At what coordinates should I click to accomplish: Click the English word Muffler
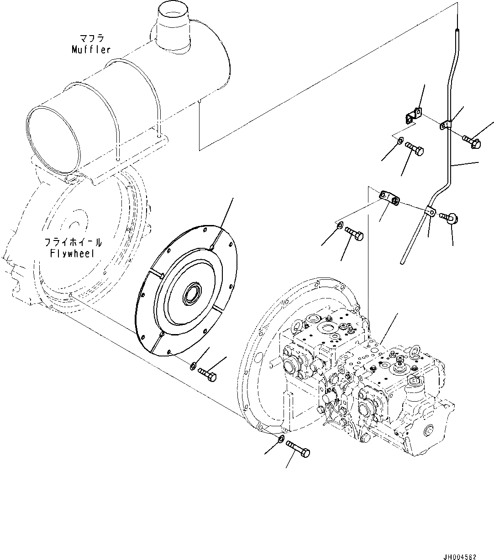tap(91, 49)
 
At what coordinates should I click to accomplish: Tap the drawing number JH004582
tap(459, 557)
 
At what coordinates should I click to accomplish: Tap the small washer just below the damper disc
tap(193, 365)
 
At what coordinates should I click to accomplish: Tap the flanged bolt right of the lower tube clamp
tap(450, 219)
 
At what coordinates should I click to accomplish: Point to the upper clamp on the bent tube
tap(447, 124)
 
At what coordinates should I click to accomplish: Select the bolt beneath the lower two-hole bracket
tap(355, 234)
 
